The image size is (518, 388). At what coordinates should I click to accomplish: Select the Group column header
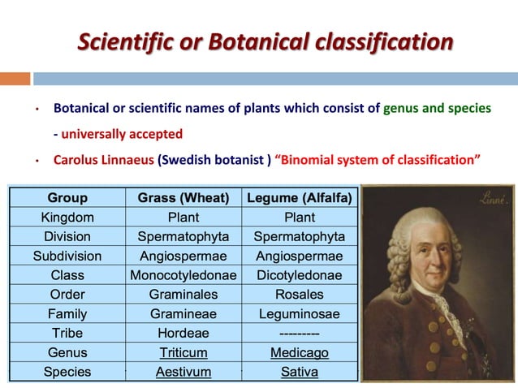click(67, 197)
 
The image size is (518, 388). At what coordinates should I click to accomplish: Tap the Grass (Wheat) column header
click(183, 197)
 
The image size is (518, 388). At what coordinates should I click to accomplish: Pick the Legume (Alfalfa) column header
click(299, 197)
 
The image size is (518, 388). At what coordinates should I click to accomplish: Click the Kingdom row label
click(67, 217)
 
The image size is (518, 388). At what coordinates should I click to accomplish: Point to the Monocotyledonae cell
click(183, 275)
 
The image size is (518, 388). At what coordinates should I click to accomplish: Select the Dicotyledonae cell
click(299, 275)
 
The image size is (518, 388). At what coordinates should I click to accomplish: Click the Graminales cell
click(183, 295)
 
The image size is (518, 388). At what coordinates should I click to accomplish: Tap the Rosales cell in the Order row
click(299, 295)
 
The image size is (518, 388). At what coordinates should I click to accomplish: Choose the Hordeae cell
click(183, 334)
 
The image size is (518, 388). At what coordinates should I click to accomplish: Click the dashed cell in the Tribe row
click(299, 334)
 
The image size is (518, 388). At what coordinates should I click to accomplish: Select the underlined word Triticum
click(183, 353)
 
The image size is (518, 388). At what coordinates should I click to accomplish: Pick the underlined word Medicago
click(299, 353)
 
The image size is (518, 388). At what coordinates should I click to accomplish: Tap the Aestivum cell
click(183, 373)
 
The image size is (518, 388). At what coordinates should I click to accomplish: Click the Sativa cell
click(299, 373)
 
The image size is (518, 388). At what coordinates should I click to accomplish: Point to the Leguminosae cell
click(299, 314)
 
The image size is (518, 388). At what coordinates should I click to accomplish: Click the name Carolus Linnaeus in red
click(103, 158)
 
